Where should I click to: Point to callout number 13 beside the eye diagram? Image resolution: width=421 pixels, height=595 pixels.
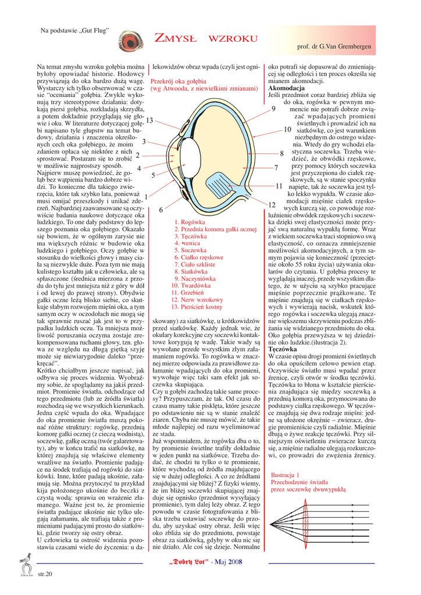(x=149, y=120)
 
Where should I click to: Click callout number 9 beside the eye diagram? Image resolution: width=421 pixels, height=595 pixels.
(x=273, y=109)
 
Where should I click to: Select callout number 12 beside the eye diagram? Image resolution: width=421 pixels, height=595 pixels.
(x=272, y=205)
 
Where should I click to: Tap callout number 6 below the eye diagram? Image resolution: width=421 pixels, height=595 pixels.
(x=160, y=210)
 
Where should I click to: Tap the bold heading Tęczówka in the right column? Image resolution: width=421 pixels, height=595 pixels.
(x=283, y=349)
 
